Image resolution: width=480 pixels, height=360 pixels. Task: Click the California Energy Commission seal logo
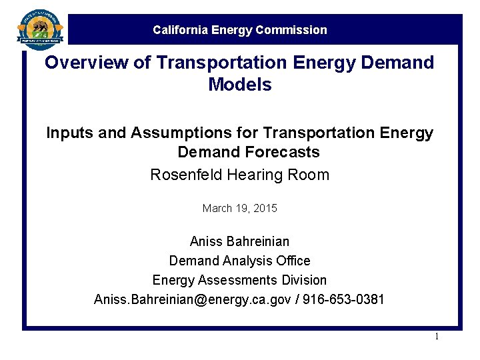[x=41, y=29]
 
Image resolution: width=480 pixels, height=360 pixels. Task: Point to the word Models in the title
[x=240, y=85]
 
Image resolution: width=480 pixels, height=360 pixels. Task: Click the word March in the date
[x=217, y=209]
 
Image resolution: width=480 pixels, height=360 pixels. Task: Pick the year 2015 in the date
[x=265, y=209]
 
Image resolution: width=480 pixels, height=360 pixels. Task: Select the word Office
[x=292, y=261]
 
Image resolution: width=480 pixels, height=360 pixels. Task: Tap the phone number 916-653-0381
[x=344, y=299]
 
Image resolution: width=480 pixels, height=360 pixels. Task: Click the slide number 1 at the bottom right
[x=437, y=337]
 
